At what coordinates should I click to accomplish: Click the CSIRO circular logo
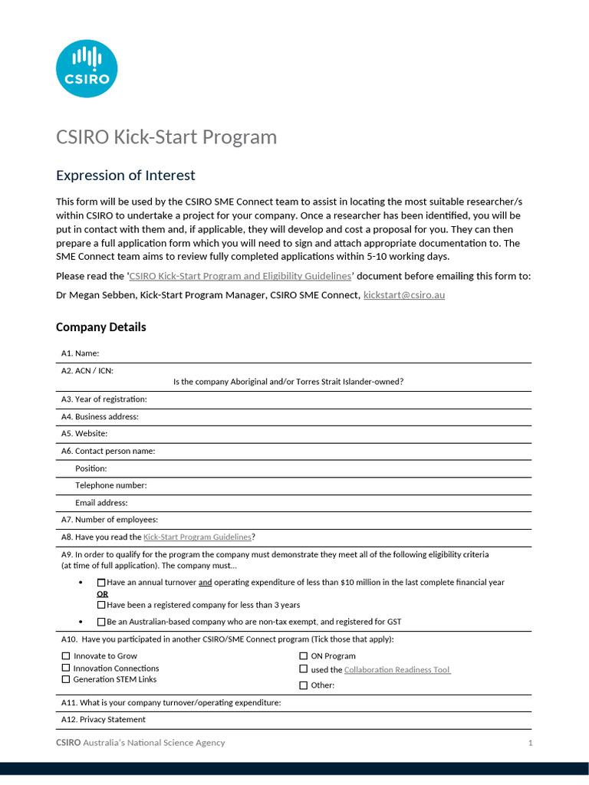pos(87,68)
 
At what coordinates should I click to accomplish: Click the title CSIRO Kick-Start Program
pos(166,137)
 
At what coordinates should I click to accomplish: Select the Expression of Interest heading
pos(126,176)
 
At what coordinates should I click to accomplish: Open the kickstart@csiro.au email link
pos(403,294)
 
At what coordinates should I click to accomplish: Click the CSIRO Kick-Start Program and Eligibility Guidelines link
pos(239,276)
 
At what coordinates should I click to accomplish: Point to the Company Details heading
pos(100,327)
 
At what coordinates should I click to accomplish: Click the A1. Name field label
pos(81,353)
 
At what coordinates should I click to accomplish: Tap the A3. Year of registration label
pos(104,399)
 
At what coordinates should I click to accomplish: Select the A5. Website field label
pos(84,434)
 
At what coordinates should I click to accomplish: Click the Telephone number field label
pos(110,485)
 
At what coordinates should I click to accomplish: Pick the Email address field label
pos(101,503)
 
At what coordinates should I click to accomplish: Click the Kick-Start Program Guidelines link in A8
pos(197,537)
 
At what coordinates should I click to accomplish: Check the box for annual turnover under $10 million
pos(101,583)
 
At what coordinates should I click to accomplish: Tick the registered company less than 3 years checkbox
pos(101,605)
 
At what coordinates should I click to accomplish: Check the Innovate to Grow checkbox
pos(65,656)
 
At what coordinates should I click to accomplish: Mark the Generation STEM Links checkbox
pos(65,679)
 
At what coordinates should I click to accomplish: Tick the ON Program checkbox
pos(303,656)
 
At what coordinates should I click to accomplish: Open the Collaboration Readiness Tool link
pos(397,670)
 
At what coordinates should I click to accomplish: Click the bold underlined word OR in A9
pos(102,594)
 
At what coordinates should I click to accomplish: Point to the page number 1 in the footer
pos(530,743)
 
